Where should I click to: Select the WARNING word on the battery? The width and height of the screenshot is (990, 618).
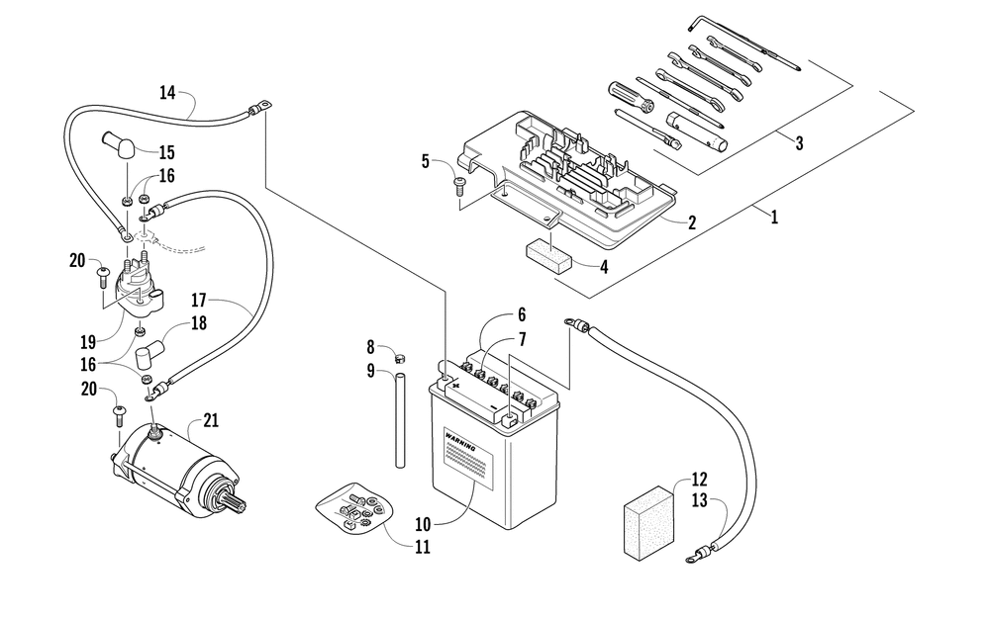click(461, 440)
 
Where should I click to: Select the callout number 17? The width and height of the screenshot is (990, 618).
click(197, 300)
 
